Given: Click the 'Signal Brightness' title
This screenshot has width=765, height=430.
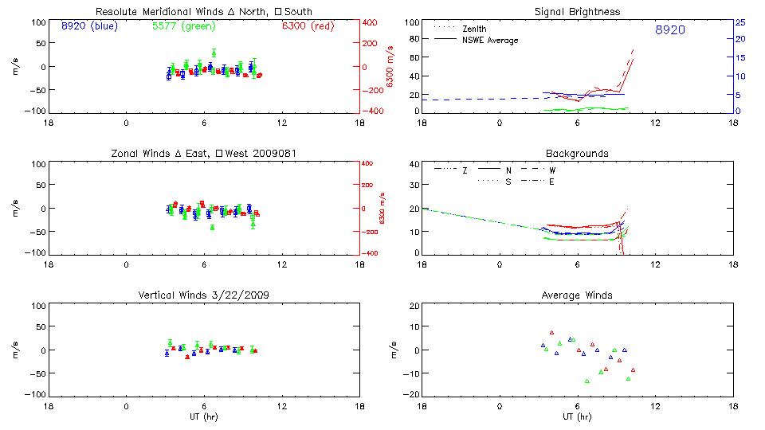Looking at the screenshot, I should tap(578, 12).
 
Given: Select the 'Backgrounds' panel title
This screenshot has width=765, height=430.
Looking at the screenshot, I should tap(578, 153).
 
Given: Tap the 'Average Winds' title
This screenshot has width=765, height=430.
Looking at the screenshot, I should tap(578, 295).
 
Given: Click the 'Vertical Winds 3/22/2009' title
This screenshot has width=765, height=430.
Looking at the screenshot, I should tap(204, 295).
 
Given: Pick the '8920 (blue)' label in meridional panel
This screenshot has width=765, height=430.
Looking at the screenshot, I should tap(88, 26).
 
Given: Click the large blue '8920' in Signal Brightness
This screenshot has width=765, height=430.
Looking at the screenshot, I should tap(669, 30).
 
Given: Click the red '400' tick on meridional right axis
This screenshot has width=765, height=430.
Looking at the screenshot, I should tap(372, 22).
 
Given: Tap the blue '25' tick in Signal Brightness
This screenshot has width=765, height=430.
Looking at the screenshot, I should tap(739, 22).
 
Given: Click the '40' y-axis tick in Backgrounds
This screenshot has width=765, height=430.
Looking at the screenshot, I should tap(414, 164).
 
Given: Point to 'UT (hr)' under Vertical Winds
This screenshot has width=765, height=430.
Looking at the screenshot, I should tap(204, 417).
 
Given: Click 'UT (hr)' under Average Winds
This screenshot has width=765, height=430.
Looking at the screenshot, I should tap(578, 417).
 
